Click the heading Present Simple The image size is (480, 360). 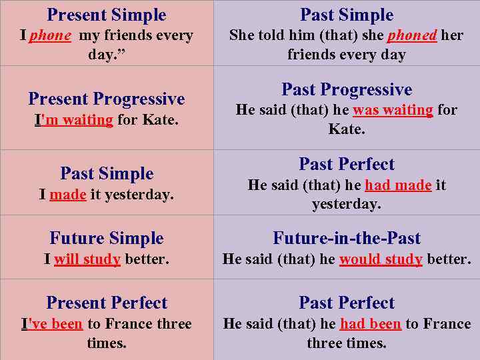[x=107, y=15]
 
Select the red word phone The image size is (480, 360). [x=50, y=35]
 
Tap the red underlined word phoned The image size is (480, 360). [x=412, y=35]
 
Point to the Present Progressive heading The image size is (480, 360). [x=107, y=99]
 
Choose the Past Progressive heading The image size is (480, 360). [x=347, y=90]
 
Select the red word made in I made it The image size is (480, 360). [x=68, y=195]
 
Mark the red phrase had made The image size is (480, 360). [x=398, y=185]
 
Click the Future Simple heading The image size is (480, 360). [x=107, y=239]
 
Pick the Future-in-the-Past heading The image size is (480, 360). [x=347, y=239]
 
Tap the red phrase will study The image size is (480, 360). [x=87, y=259]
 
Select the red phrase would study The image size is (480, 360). [x=381, y=259]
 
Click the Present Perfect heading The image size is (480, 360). [x=107, y=303]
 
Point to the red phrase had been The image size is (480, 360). [x=370, y=324]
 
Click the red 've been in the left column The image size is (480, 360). [x=55, y=324]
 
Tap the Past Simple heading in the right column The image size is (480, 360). [x=347, y=15]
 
